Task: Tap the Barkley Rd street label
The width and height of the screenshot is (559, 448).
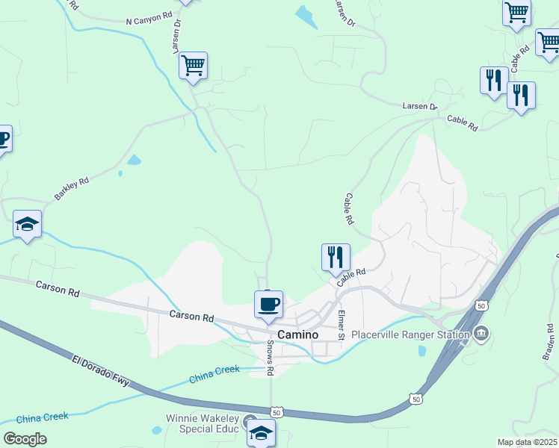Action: click(72, 189)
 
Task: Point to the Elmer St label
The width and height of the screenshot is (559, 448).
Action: click(340, 325)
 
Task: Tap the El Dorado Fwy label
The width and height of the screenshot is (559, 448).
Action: click(104, 373)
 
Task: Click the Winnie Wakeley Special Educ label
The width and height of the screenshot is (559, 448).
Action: click(203, 423)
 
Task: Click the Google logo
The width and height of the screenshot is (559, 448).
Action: click(25, 439)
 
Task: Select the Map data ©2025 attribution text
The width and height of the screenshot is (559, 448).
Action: click(527, 442)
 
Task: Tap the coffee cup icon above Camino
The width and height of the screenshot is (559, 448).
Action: click(268, 305)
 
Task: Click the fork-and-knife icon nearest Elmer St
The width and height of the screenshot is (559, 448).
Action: click(336, 257)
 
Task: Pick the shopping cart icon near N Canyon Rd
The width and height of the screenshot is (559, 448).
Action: click(193, 66)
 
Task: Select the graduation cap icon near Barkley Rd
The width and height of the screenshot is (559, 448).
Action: click(27, 224)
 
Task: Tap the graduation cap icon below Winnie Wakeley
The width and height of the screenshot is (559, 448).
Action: click(261, 433)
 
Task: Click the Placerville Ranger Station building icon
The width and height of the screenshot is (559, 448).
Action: click(481, 333)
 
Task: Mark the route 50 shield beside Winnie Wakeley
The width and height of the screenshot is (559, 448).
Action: click(277, 412)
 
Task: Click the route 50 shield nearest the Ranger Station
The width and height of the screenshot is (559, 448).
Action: click(482, 306)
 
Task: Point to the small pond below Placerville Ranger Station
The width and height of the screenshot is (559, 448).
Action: click(422, 350)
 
